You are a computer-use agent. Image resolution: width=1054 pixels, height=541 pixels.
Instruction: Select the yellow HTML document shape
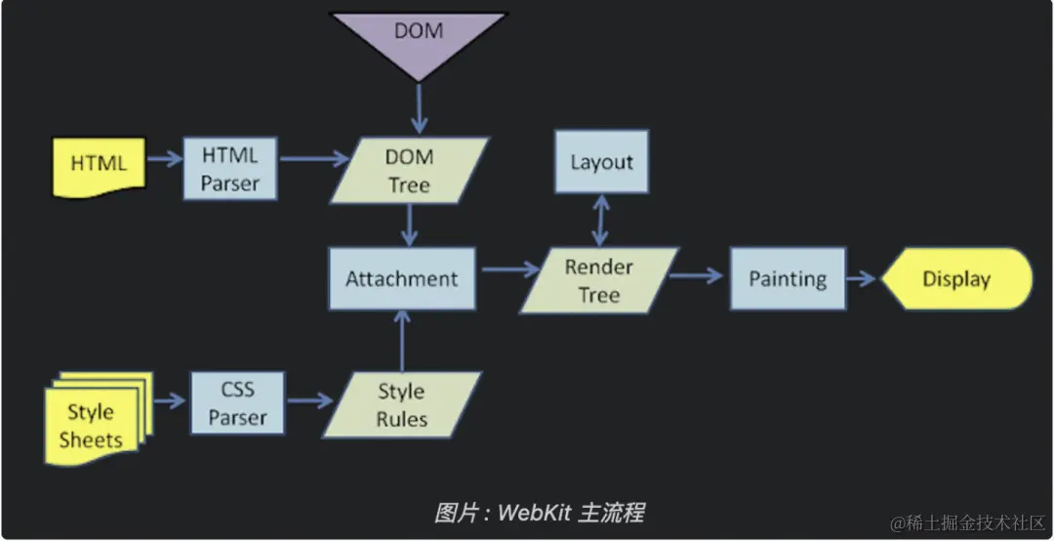98,163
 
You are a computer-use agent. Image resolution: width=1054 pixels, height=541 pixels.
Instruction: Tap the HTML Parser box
229,168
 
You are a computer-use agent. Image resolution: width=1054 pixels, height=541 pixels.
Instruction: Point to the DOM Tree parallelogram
409,170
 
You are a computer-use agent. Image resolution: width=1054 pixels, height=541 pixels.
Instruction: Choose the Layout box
601,162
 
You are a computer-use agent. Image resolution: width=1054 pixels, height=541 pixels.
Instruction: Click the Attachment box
401,278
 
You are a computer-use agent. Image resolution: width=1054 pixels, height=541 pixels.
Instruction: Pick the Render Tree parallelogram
598,280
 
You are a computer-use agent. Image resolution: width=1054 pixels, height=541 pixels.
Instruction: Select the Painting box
787,278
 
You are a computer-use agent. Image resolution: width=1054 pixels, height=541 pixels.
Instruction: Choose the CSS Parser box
237,403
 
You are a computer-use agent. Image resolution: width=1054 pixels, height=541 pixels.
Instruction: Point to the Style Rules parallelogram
401,404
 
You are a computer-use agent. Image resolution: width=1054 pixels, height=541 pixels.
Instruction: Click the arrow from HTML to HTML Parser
163,157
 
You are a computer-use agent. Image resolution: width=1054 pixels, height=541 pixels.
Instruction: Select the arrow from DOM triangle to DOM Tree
419,108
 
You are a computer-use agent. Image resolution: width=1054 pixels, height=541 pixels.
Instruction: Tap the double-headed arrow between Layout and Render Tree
602,220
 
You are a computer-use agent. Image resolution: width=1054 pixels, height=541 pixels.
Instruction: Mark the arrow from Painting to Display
862,279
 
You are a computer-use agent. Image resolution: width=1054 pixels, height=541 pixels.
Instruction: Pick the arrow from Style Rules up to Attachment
402,342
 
